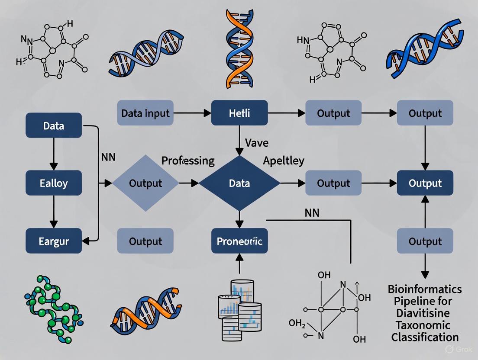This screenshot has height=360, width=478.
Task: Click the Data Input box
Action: point(145,113)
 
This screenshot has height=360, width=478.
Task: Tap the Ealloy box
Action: point(54,183)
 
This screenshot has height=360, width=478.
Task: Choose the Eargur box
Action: point(54,241)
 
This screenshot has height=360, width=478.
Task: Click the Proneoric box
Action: point(239,241)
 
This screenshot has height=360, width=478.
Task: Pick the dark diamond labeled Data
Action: point(239,183)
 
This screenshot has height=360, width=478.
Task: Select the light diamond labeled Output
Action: point(145,183)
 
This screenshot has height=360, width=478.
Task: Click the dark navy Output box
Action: point(425,183)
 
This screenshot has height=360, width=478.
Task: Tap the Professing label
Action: point(188,161)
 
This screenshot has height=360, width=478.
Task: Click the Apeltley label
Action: point(284,161)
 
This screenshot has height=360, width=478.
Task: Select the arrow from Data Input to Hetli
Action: point(192,113)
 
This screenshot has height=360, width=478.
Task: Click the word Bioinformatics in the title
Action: point(425,289)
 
